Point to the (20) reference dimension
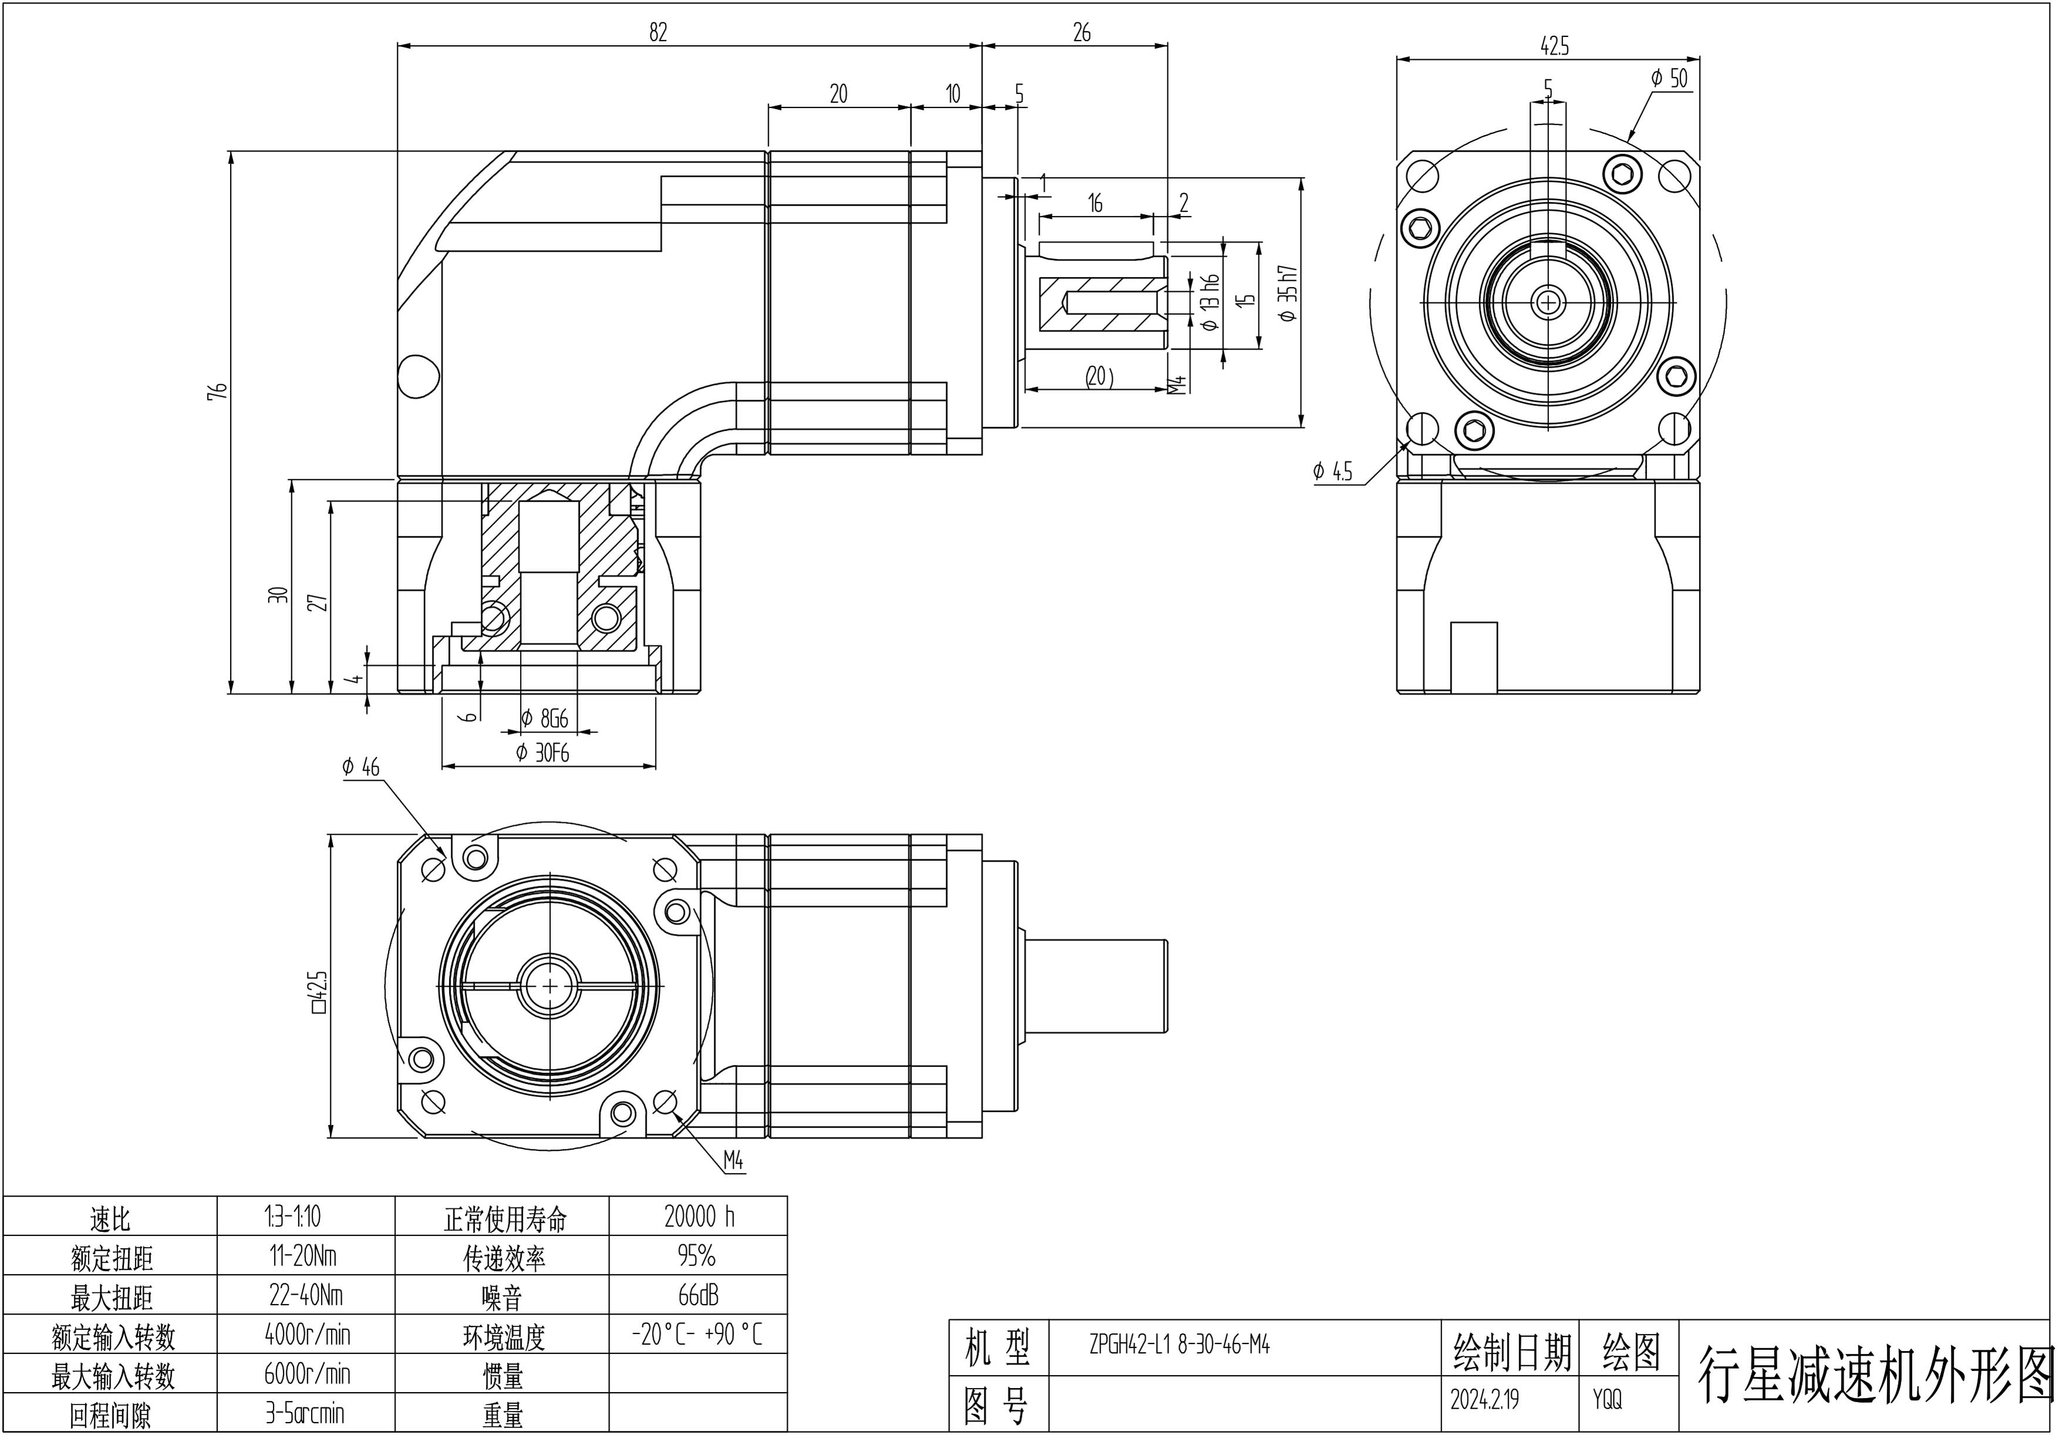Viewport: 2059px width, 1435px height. [x=1099, y=377]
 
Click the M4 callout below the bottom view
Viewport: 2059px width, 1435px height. [x=734, y=1161]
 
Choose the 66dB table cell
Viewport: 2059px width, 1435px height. [x=698, y=1296]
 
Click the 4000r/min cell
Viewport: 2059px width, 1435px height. [x=307, y=1335]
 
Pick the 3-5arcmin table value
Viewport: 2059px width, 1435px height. [x=305, y=1414]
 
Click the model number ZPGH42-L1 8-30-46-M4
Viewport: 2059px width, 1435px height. [x=1179, y=1345]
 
